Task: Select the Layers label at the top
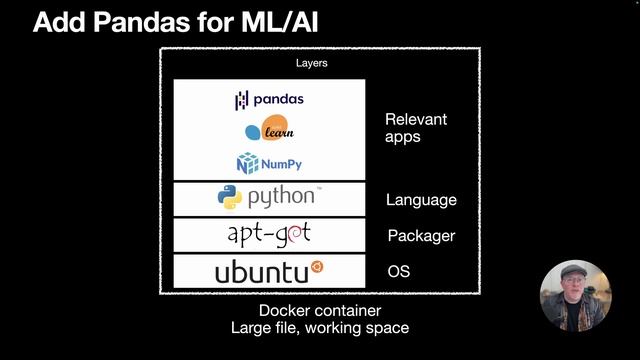click(x=311, y=63)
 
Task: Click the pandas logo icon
click(x=241, y=100)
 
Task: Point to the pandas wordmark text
click(x=278, y=99)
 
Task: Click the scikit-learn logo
click(x=269, y=131)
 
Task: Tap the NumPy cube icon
click(x=246, y=163)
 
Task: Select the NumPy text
click(x=281, y=163)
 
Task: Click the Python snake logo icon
click(x=229, y=197)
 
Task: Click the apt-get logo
click(x=269, y=234)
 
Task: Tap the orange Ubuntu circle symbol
click(x=317, y=267)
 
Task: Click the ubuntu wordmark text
click(x=262, y=271)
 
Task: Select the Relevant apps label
click(x=416, y=128)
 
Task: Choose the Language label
click(x=421, y=200)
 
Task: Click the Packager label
click(x=421, y=236)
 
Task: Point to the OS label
click(x=398, y=272)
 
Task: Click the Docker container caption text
click(x=319, y=310)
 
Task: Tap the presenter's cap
click(x=574, y=272)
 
